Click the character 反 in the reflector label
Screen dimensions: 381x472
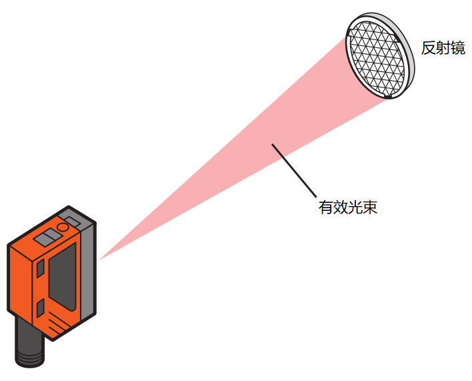click(429, 48)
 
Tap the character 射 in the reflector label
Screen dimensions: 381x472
click(443, 48)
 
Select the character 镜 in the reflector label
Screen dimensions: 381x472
click(458, 48)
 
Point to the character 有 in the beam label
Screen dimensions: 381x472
click(326, 208)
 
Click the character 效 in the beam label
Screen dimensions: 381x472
click(341, 208)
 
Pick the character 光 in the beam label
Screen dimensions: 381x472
click(355, 208)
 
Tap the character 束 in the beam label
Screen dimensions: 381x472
click(370, 208)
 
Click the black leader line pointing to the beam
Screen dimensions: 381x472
click(293, 169)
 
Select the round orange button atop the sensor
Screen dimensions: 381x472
click(63, 228)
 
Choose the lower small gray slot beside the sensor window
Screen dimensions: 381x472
click(40, 308)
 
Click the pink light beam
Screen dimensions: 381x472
click(233, 160)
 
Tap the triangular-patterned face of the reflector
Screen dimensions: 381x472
click(376, 56)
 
